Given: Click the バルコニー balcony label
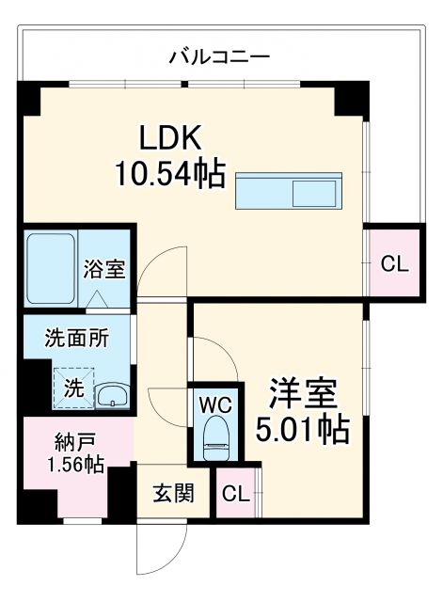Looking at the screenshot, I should [219, 56].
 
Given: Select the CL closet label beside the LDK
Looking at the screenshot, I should [394, 264].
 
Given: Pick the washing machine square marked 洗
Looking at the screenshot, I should [71, 387].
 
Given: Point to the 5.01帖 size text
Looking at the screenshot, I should [303, 429].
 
